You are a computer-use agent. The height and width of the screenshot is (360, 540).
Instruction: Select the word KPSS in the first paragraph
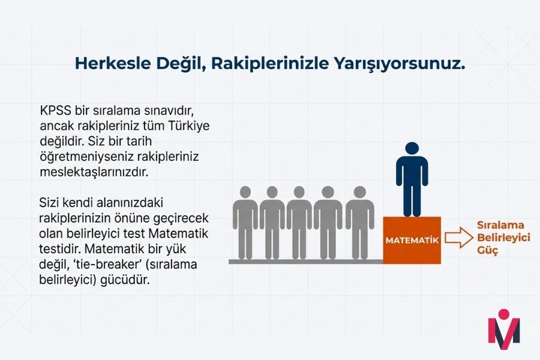(56, 112)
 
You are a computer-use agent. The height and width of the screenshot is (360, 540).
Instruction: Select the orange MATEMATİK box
(412, 240)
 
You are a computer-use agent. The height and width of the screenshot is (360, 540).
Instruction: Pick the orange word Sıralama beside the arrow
(500, 226)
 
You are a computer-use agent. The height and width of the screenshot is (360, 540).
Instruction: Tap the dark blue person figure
(412, 180)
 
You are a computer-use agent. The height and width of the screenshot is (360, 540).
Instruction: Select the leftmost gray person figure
(245, 222)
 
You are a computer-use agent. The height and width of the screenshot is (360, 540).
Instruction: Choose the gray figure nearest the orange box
(360, 222)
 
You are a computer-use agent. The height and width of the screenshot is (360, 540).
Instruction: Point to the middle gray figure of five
(299, 222)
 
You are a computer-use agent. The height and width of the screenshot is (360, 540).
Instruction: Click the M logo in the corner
(504, 329)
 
